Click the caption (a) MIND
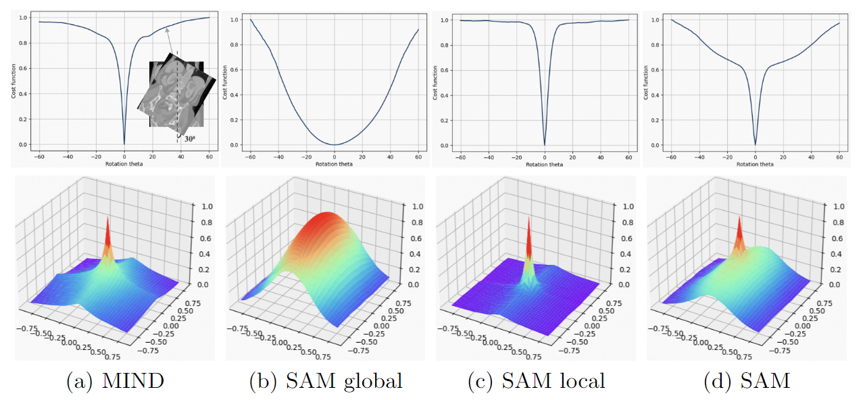tap(115, 381)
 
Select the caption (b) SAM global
tap(326, 381)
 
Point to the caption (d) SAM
tap(747, 381)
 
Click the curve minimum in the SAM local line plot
tap(545, 145)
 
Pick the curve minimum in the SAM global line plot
tap(335, 145)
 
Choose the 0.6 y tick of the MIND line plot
tap(22, 68)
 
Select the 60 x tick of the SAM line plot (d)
tap(839, 155)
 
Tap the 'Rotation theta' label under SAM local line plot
tap(545, 164)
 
